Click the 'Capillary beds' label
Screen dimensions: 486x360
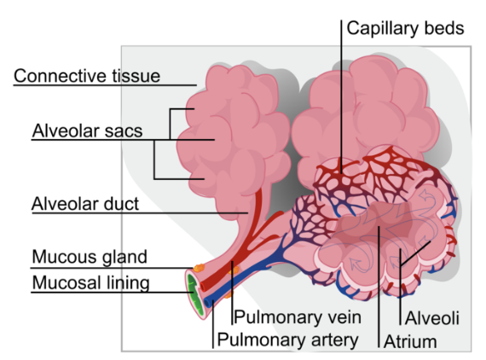[405, 28]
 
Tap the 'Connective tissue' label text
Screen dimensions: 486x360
[87, 76]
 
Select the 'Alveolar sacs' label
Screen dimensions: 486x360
[88, 131]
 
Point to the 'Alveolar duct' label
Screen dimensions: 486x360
[85, 204]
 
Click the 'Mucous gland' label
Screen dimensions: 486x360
[90, 257]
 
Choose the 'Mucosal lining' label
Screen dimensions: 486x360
[91, 282]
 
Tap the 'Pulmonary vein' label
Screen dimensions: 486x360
[298, 317]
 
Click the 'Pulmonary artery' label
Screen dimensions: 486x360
[287, 340]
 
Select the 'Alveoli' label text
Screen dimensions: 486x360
[432, 318]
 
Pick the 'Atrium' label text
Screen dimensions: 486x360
[410, 342]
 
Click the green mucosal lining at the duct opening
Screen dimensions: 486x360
[194, 293]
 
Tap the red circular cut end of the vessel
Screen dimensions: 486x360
[203, 286]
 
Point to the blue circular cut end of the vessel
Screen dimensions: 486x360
[207, 303]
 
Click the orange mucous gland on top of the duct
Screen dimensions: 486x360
[199, 268]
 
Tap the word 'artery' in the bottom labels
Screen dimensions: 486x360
[335, 340]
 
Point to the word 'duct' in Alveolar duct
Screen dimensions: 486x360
[121, 204]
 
